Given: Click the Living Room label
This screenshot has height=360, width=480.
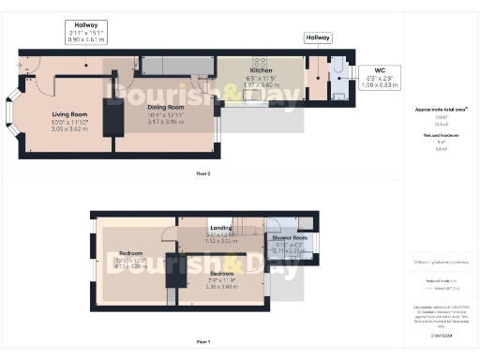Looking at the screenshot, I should click(x=68, y=115).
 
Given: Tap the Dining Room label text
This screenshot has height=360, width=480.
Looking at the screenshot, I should click(x=165, y=108).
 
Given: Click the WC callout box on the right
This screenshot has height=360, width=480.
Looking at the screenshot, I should click(x=380, y=77).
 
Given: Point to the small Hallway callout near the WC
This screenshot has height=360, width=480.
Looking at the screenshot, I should click(x=318, y=37).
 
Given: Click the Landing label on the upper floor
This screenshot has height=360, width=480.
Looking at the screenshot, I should click(x=221, y=228).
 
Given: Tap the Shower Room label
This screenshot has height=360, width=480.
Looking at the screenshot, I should click(x=290, y=238).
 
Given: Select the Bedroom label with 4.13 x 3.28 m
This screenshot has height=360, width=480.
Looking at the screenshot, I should click(x=125, y=253).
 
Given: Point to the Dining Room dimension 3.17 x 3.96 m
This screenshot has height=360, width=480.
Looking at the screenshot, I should click(x=165, y=121).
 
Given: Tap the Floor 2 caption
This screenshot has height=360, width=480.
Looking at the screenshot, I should click(x=203, y=173).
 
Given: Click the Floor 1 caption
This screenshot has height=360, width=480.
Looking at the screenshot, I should click(x=202, y=341).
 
